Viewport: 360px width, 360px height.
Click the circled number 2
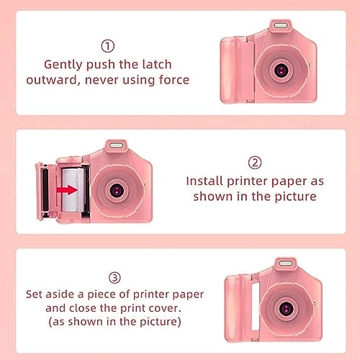click(255, 163)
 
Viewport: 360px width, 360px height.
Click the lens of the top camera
click(282, 69)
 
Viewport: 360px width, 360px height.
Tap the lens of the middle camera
click(116, 189)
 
